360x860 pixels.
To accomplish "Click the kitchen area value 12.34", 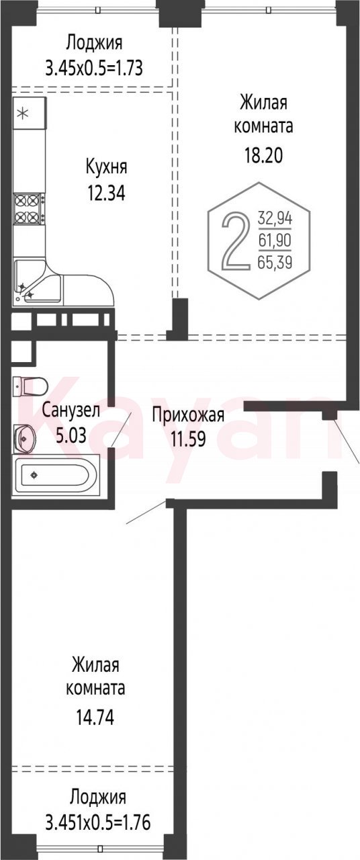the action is tap(106, 193).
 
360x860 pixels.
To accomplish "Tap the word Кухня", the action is tap(106, 168).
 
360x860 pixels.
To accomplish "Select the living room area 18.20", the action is tap(264, 156).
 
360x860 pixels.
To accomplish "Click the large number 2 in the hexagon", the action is tap(234, 241).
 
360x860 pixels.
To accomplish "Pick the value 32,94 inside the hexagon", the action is tap(275, 219).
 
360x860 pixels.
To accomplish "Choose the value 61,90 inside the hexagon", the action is tap(275, 241).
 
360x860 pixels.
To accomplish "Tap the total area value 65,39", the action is tap(275, 263).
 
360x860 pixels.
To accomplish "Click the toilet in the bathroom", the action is tap(30, 386).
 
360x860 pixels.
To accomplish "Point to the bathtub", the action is tap(56, 475).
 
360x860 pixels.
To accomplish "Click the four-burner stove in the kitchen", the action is tap(29, 209).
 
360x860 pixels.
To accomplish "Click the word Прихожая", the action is tap(188, 416).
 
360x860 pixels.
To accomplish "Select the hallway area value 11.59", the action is tap(188, 439).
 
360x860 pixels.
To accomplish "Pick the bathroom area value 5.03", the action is tap(71, 435).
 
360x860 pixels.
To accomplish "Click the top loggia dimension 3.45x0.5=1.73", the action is tap(94, 69).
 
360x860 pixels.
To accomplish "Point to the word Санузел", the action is tap(71, 411).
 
